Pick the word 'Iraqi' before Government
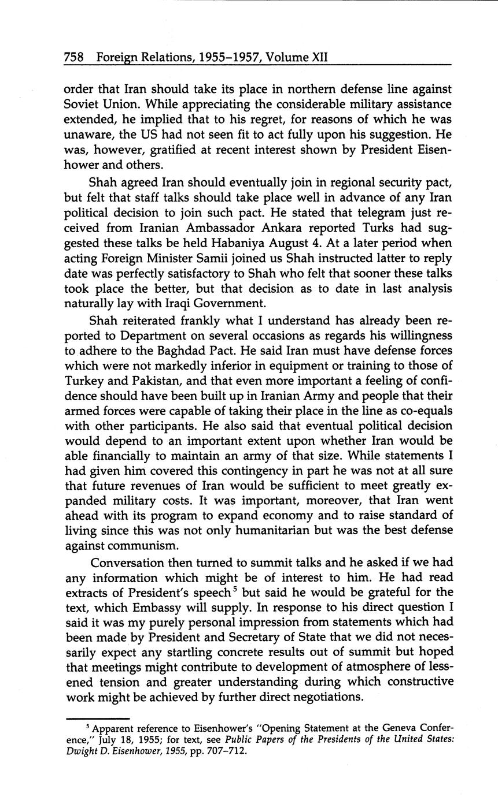click(x=174, y=303)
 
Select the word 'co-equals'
click(x=424, y=411)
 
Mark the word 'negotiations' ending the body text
click(x=326, y=697)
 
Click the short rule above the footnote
click(x=98, y=718)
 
